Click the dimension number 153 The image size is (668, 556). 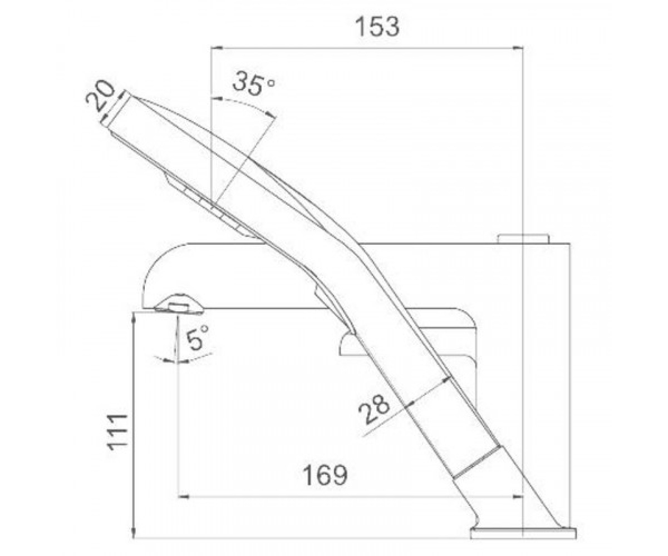[377, 27]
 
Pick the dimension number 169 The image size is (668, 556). [325, 475]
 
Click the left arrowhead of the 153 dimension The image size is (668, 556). [217, 48]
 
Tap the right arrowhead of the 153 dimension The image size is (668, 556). [517, 48]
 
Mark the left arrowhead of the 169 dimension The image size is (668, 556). [183, 497]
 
